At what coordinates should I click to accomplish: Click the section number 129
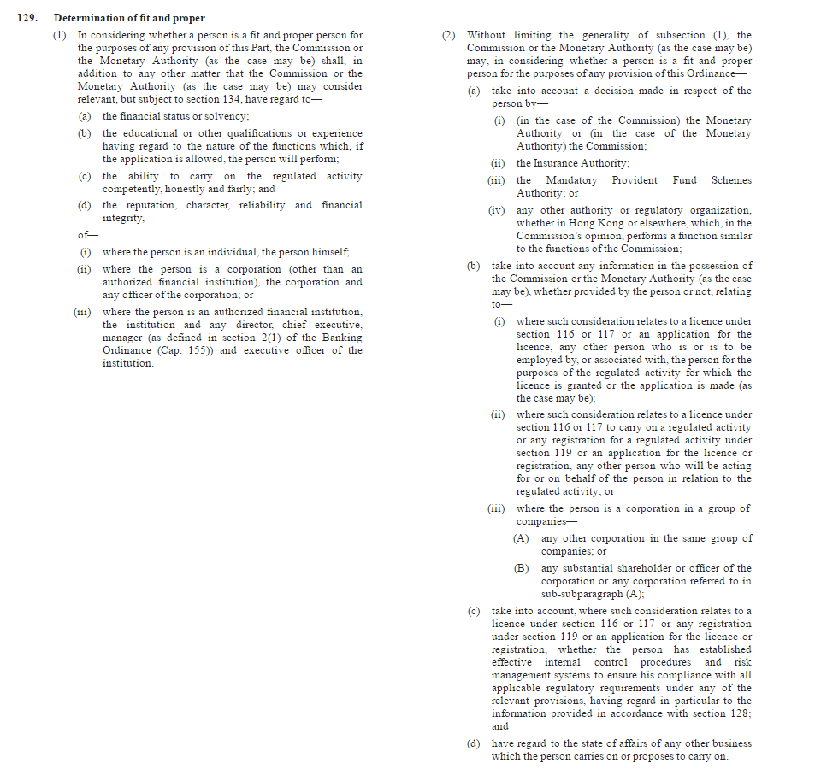[27, 18]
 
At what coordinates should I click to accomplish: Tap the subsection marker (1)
[59, 35]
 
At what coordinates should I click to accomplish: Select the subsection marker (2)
[450, 35]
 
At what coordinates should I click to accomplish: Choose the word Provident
[635, 180]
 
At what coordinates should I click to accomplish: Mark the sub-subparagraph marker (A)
[521, 538]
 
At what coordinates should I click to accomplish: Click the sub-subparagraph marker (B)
[521, 568]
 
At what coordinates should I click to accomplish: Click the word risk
[742, 662]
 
